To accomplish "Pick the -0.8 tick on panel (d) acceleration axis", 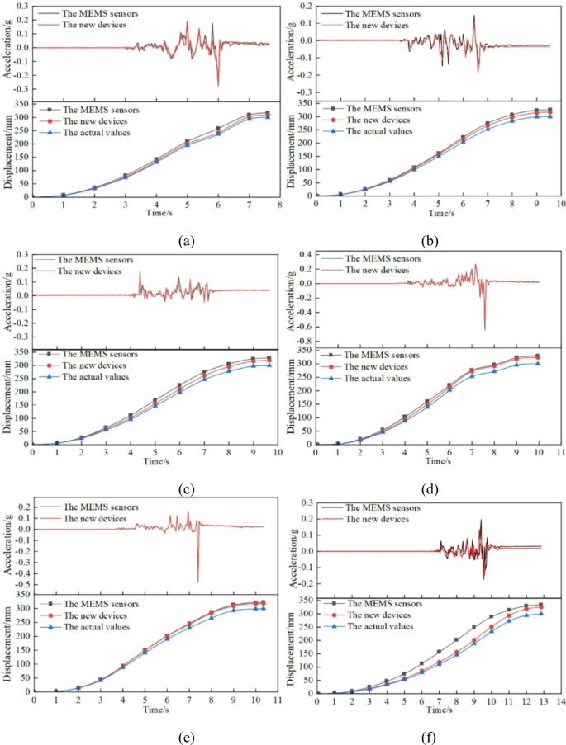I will pyautogui.click(x=303, y=341).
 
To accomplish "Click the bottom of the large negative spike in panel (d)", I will pyautogui.click(x=485, y=329).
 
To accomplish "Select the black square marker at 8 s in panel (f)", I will pyautogui.click(x=456, y=639).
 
